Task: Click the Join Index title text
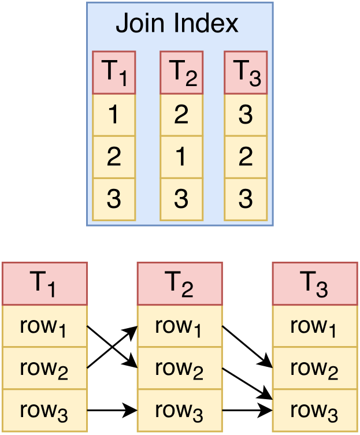coord(177,24)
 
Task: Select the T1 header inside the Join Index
coord(114,72)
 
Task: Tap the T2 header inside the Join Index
coord(181,72)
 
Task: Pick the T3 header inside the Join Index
coord(246,72)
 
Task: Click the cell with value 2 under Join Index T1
coord(114,157)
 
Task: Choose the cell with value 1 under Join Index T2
coord(181,157)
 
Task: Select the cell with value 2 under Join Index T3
coord(246,157)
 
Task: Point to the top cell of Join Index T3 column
coord(246,115)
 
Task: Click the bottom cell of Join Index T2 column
coord(181,199)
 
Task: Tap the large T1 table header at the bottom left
coord(44,284)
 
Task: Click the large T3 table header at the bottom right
coord(315,284)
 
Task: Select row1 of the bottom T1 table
coord(44,326)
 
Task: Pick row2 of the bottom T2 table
coord(180,369)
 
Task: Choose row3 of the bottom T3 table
coord(315,411)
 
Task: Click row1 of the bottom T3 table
coord(315,326)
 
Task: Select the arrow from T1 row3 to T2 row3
coord(112,411)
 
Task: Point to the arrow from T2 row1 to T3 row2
coord(247,347)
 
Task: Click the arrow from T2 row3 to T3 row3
coord(247,411)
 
